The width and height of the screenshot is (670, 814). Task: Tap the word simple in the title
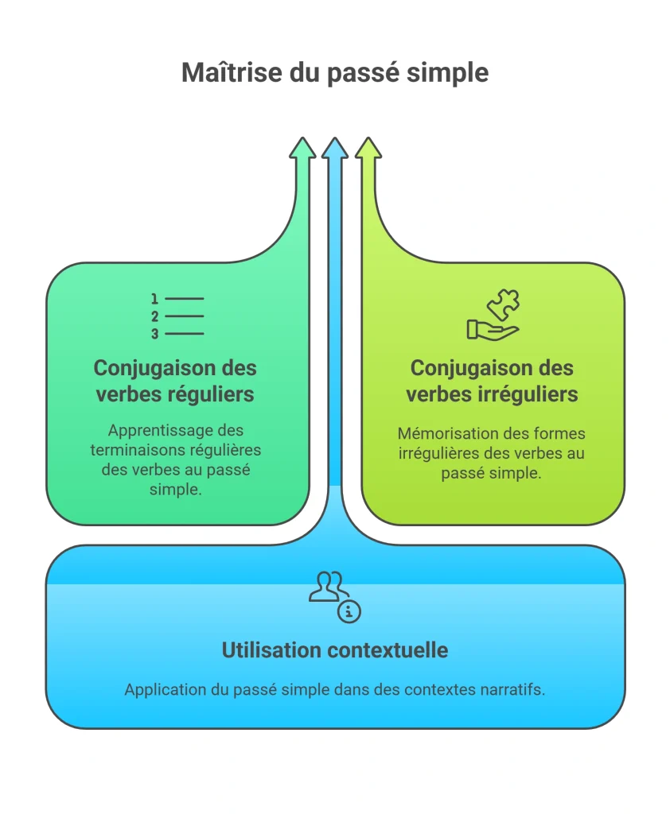pos(447,73)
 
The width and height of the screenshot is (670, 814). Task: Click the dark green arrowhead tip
pos(302,138)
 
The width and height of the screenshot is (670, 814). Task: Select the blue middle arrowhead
pos(335,147)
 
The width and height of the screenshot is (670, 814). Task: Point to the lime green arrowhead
pos(368,147)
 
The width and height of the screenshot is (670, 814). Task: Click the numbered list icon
pos(177,316)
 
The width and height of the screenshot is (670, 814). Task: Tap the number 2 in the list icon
pos(154,316)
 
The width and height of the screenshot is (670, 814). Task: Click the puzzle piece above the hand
pos(503,304)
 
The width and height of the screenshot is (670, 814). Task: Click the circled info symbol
pos(349,611)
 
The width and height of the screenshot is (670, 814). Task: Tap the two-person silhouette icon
pos(328,587)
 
